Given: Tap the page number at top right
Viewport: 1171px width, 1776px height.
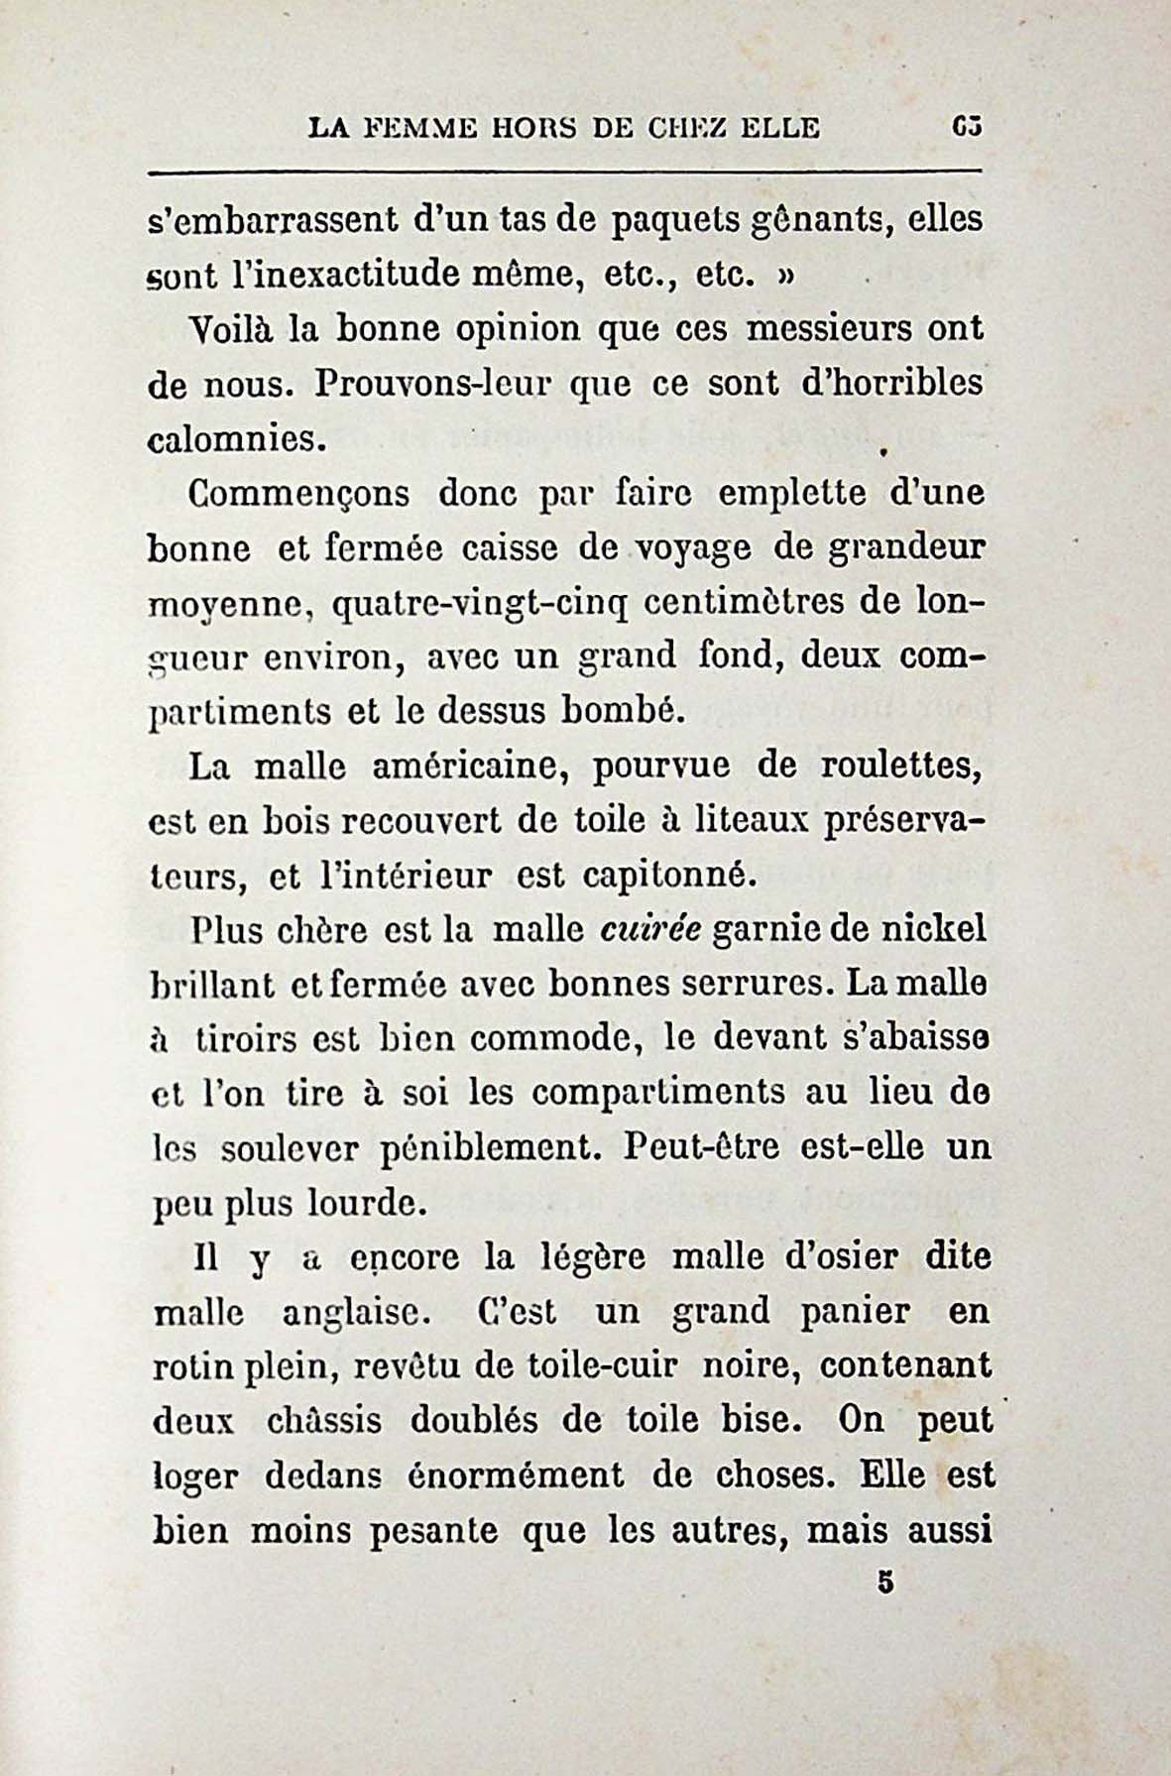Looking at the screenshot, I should pyautogui.click(x=966, y=128).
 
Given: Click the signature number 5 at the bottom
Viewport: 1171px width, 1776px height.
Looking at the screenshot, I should pyautogui.click(x=885, y=1584).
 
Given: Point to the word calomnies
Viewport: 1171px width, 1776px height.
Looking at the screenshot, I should pyautogui.click(x=237, y=439).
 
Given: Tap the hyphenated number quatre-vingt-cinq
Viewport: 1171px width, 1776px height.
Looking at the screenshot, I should pyautogui.click(x=471, y=603).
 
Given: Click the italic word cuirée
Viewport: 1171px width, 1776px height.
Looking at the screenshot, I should pyautogui.click(x=651, y=930).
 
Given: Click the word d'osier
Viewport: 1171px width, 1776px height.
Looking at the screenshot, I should pyautogui.click(x=839, y=1257).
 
